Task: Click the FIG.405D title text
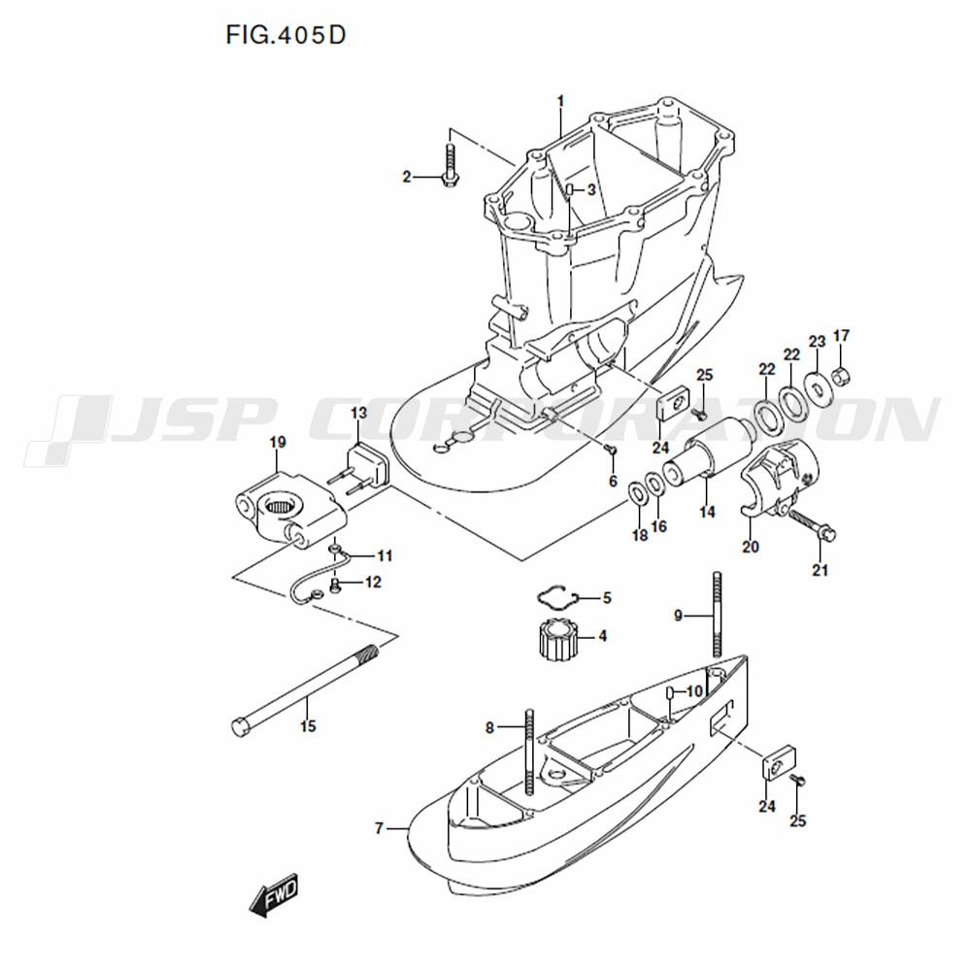285,36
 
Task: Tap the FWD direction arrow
275,894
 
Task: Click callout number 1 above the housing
560,100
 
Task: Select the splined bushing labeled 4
556,638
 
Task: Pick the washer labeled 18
637,493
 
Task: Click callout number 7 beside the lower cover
380,828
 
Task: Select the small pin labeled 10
671,690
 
